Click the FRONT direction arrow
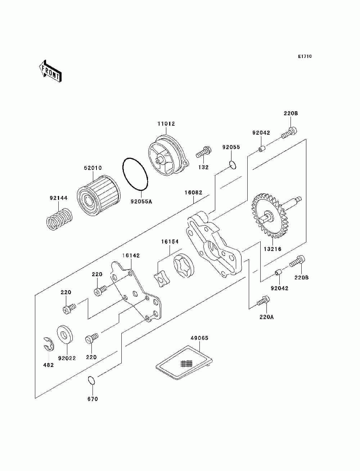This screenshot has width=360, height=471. pyautogui.click(x=50, y=71)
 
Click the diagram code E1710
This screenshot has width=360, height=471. pyautogui.click(x=305, y=57)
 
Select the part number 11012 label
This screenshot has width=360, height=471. pyautogui.click(x=166, y=124)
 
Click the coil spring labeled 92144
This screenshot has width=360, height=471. pyautogui.click(x=59, y=219)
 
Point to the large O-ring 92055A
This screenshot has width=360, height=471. pyautogui.click(x=135, y=174)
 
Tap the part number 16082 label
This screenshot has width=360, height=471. pyautogui.click(x=193, y=193)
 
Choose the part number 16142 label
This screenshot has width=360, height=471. pyautogui.click(x=131, y=256)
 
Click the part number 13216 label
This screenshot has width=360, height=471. pyautogui.click(x=273, y=249)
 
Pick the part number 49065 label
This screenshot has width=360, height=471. pyautogui.click(x=199, y=338)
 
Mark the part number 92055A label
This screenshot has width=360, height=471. pyautogui.click(x=141, y=202)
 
